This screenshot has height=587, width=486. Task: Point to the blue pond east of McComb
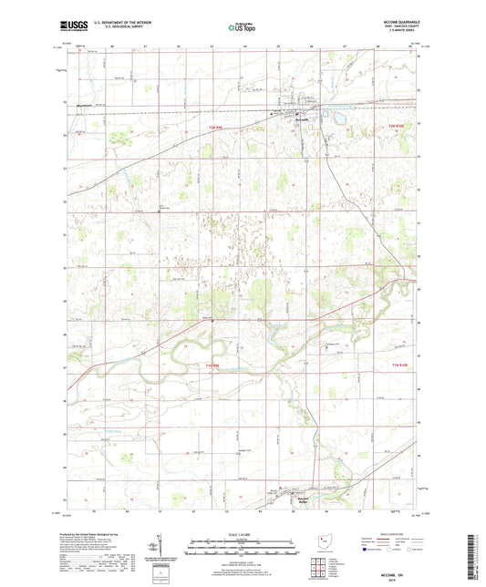click(339, 118)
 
